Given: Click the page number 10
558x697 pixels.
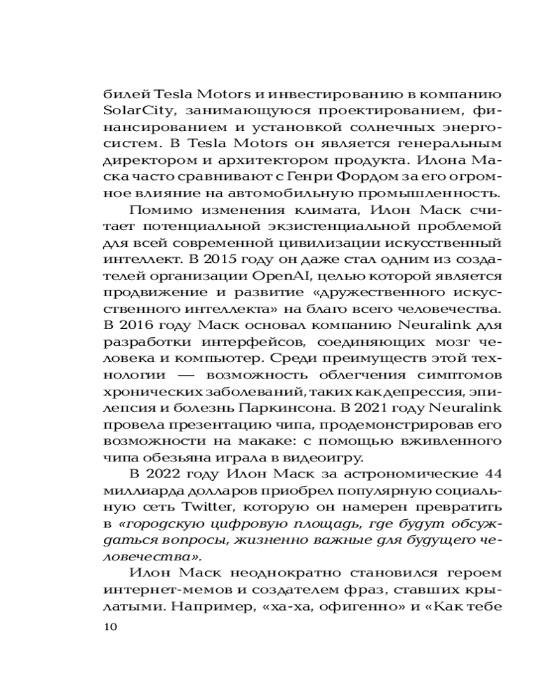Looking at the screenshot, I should pos(110,627).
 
